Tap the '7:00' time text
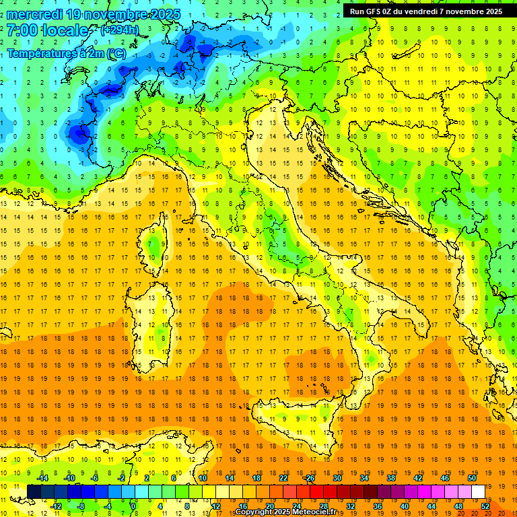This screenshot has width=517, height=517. pyautogui.click(x=21, y=31)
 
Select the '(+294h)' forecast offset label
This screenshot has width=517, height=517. pyautogui.click(x=119, y=30)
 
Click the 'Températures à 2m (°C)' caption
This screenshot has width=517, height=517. pyautogui.click(x=66, y=53)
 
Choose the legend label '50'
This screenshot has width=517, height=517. pyautogui.click(x=472, y=478)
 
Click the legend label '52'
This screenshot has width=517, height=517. pyautogui.click(x=485, y=506)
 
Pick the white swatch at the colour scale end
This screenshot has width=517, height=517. pyautogui.click(x=479, y=491)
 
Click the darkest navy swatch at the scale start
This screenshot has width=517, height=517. pyautogui.click(x=34, y=491)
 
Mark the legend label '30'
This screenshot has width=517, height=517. pyautogui.click(x=337, y=478)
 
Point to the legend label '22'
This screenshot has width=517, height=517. pyautogui.click(x=283, y=478)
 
